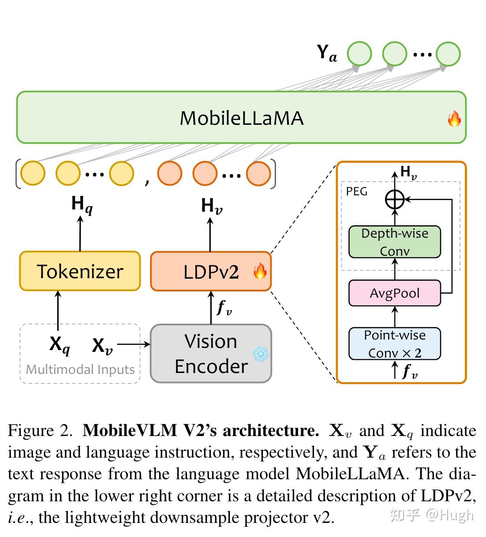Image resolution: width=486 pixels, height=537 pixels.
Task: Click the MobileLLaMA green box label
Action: [x=241, y=118]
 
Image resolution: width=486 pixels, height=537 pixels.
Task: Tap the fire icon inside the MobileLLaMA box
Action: [x=454, y=119]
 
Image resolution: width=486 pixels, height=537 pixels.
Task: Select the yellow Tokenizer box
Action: [x=80, y=271]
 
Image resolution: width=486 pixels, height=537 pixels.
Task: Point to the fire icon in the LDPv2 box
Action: [x=260, y=271]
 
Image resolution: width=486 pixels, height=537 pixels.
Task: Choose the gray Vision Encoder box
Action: [x=211, y=354]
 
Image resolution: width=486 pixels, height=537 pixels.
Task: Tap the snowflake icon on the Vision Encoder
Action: [x=260, y=354]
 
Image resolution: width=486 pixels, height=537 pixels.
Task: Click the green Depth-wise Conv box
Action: [x=394, y=242]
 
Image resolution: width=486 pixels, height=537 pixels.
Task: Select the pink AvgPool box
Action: [x=394, y=293]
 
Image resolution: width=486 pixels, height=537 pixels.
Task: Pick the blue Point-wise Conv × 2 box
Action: [x=394, y=344]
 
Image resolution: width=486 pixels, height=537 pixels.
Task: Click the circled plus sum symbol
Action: [x=395, y=200]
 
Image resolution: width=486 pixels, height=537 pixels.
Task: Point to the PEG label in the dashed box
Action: [x=356, y=192]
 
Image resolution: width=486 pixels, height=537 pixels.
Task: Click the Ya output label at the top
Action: [x=327, y=53]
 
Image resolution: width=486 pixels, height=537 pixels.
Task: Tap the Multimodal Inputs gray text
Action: [x=80, y=369]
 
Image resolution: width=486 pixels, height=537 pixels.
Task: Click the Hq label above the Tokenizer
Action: [x=82, y=205]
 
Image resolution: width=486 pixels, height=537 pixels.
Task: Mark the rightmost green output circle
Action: [x=448, y=54]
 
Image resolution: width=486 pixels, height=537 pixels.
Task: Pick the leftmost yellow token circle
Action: [x=33, y=173]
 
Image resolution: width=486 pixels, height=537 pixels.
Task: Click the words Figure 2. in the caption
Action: [x=40, y=430]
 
